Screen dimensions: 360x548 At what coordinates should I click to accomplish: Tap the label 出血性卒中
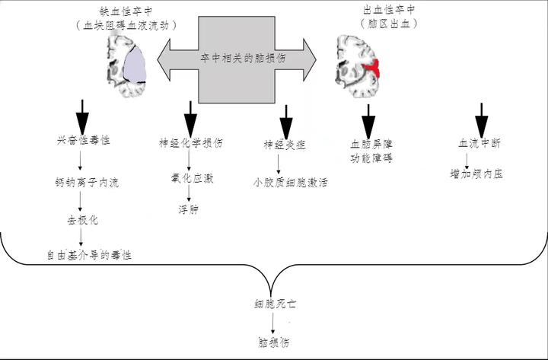click(390, 11)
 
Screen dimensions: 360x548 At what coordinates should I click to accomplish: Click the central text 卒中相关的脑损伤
click(236, 59)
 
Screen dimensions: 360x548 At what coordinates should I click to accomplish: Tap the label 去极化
click(82, 220)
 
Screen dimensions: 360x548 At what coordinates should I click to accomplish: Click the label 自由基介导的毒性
click(84, 255)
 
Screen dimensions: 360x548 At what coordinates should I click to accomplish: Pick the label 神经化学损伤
click(190, 142)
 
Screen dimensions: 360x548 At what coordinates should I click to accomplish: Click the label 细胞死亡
click(276, 304)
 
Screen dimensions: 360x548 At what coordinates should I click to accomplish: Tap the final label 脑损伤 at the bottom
click(274, 342)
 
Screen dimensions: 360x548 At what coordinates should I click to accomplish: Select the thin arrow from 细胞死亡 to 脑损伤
click(273, 323)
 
